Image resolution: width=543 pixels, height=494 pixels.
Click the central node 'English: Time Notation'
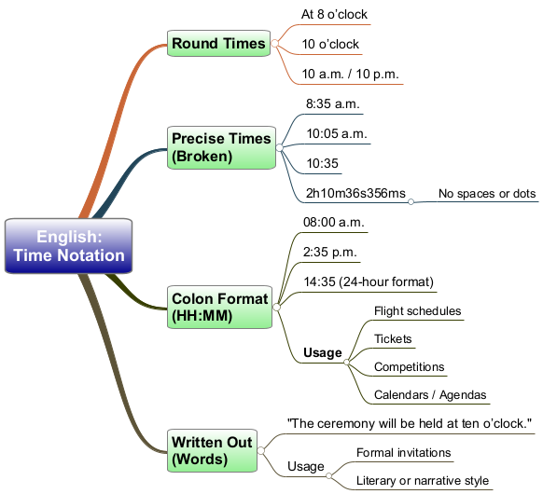pos(68,246)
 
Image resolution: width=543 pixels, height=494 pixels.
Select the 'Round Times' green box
pos(218,43)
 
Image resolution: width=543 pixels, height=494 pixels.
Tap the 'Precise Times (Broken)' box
pos(221,147)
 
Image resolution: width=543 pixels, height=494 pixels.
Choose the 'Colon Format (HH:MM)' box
pos(219,307)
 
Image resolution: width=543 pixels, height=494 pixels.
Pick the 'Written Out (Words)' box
pos(212,450)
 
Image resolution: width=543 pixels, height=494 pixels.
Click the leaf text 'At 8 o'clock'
pos(334,15)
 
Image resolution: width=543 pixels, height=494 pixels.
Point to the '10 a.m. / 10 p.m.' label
pos(350,74)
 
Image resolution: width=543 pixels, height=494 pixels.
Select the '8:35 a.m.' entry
pos(333,103)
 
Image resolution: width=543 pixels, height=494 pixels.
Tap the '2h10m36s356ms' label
pos(355,193)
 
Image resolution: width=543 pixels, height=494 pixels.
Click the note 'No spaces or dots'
pos(487,193)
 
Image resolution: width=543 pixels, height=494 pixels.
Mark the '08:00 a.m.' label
pos(333,222)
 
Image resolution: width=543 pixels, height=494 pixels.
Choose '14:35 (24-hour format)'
pos(369,281)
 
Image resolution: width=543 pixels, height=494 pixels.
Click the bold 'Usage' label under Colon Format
pos(323,353)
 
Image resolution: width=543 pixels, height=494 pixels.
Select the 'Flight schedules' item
pos(418,311)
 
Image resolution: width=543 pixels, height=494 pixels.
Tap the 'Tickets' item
pos(393,338)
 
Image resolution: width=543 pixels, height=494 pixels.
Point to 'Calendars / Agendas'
pos(430,394)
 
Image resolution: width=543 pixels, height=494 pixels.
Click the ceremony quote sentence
pos(410,423)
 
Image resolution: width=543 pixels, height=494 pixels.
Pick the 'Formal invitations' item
pos(403,452)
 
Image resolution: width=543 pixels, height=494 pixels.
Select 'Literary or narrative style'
pos(423,481)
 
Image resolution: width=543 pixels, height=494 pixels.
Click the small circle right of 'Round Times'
pos(275,43)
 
